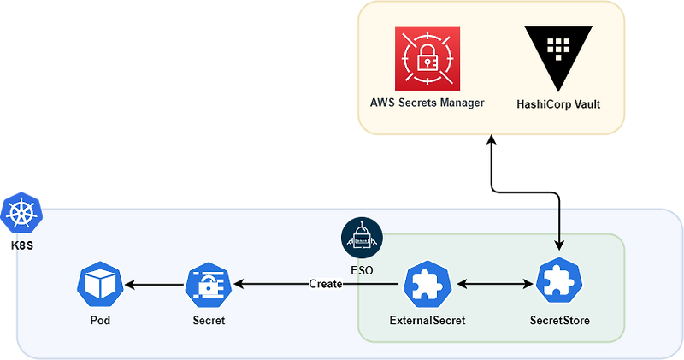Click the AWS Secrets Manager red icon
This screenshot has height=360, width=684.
(x=427, y=58)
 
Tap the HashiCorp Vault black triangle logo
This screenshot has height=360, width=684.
(x=558, y=56)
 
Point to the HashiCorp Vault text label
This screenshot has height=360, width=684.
(x=558, y=103)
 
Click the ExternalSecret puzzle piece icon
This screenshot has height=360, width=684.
(x=427, y=284)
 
